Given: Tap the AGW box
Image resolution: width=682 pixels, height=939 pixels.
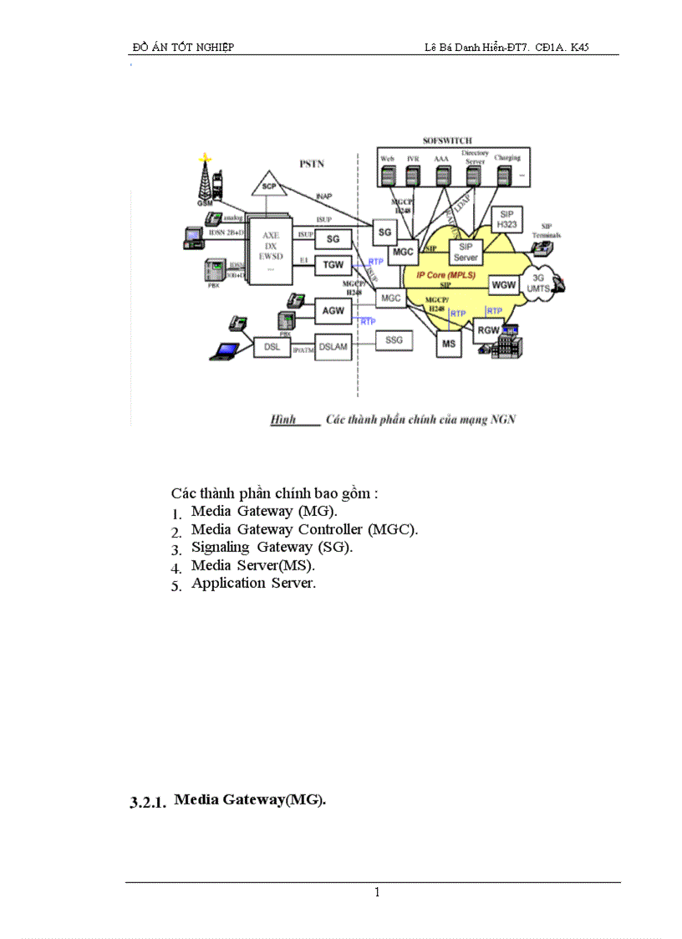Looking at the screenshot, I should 333,311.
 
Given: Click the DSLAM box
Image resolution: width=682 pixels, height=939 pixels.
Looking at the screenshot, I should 333,344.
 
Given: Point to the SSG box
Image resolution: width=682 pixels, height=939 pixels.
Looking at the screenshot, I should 393,339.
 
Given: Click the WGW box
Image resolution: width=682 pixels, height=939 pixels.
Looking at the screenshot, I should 504,285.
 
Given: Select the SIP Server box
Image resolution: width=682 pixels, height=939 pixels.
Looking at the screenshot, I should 466,253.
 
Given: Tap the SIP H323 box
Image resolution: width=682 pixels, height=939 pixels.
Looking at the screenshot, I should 506,219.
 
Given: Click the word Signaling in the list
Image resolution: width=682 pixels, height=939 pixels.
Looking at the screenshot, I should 221,547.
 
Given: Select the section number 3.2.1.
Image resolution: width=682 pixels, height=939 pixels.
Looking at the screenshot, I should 148,803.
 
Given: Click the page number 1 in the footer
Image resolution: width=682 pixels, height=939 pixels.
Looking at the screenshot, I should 377,893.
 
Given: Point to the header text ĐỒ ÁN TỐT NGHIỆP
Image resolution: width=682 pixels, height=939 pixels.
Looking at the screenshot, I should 183,47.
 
